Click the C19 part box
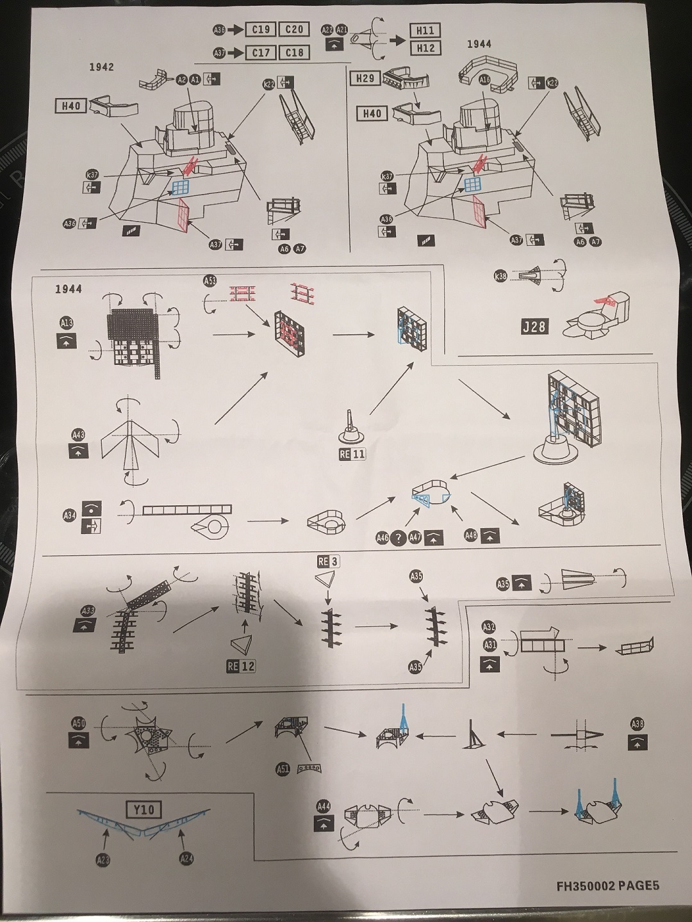tap(261, 29)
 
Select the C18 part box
tap(294, 53)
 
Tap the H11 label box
tap(425, 30)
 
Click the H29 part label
tap(365, 78)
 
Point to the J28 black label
tap(534, 327)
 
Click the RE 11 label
tap(352, 454)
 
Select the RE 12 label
tap(241, 666)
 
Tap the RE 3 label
tap(327, 562)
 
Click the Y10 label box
tap(144, 809)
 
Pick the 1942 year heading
tap(101, 67)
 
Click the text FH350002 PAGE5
tap(607, 886)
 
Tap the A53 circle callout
tap(210, 281)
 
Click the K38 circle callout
tap(500, 276)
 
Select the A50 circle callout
tap(78, 724)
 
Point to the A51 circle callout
tap(283, 770)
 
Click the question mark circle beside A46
tap(399, 538)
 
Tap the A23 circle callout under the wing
tap(103, 861)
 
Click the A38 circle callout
tap(638, 724)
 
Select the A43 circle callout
tap(78, 435)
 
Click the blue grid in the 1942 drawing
tap(181, 186)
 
